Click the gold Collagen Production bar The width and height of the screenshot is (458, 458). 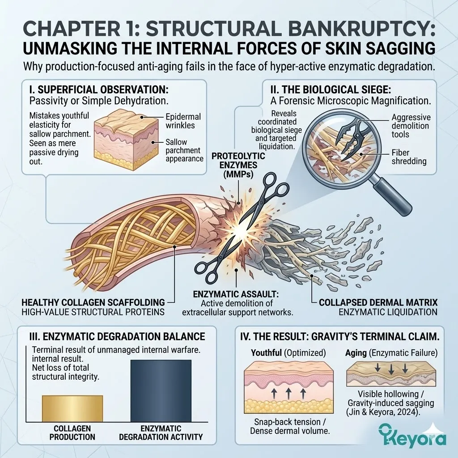point(72,408)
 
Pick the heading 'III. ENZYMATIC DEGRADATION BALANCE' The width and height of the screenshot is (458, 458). point(115,336)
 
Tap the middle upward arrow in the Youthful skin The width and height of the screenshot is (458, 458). point(288,394)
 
